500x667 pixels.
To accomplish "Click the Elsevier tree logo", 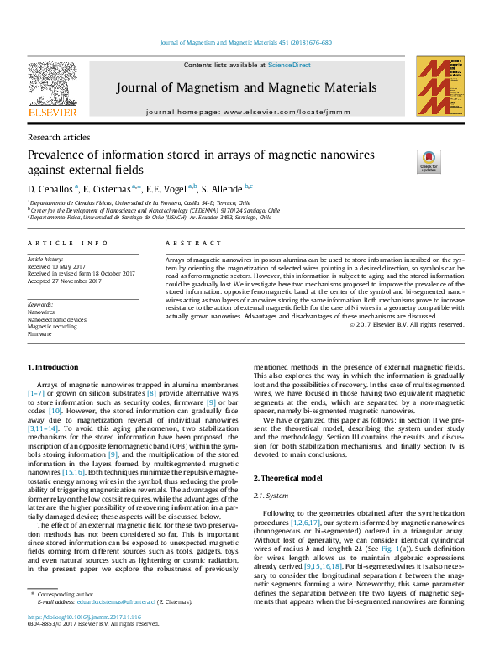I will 53,84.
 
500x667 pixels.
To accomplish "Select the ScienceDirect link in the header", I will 289,65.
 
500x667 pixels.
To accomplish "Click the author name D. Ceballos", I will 51,188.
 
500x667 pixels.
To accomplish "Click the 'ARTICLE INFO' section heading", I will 68,243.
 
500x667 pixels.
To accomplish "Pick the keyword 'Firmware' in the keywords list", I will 39,334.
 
